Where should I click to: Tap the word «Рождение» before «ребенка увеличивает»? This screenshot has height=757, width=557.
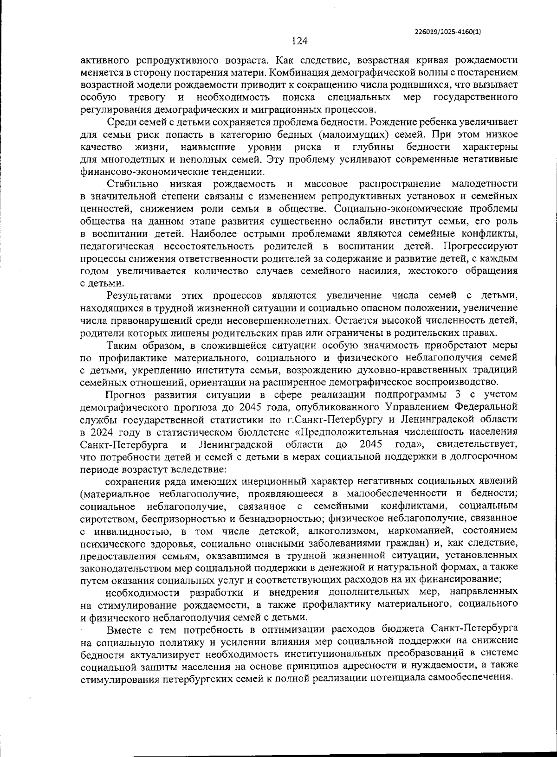(x=391, y=122)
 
